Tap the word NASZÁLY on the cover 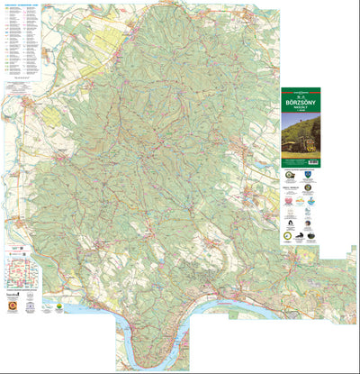coord(300,112)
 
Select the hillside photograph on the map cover coord(300,136)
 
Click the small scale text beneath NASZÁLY coord(300,116)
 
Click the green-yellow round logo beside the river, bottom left coord(58,306)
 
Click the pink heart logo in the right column coord(291,216)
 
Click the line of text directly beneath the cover coord(300,170)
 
